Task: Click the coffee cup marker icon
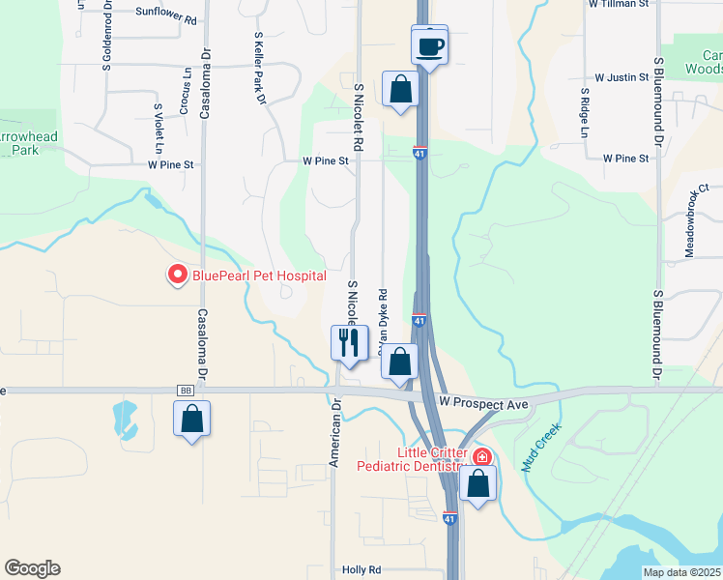click(x=429, y=45)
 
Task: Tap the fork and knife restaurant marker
click(x=349, y=342)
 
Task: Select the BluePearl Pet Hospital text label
click(x=258, y=275)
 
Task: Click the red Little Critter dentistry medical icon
click(x=480, y=455)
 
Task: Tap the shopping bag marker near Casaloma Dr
click(x=192, y=420)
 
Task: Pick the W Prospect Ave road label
click(x=484, y=402)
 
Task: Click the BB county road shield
click(x=186, y=391)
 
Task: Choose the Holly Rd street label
click(x=362, y=570)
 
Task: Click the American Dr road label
click(x=333, y=435)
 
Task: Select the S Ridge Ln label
click(x=585, y=114)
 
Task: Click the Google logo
click(x=32, y=568)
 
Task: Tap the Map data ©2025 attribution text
click(x=680, y=572)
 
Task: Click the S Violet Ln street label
click(x=157, y=129)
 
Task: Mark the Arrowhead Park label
click(x=29, y=144)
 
